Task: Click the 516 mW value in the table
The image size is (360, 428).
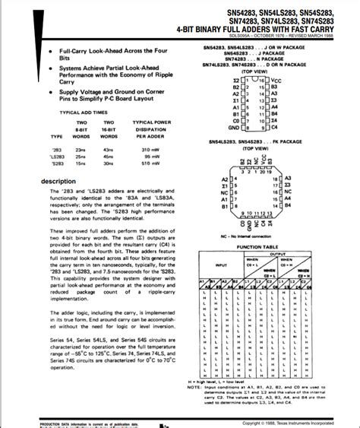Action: [144, 164]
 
